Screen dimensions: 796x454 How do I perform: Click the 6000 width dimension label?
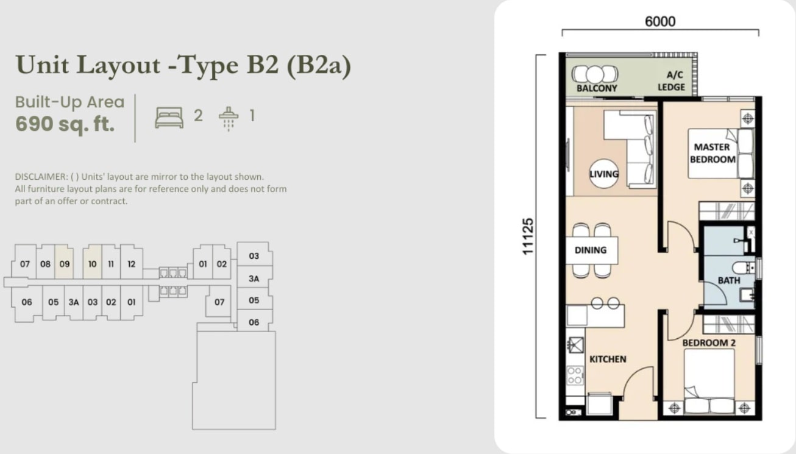pyautogui.click(x=660, y=22)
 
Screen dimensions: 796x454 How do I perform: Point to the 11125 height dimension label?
pyautogui.click(x=528, y=236)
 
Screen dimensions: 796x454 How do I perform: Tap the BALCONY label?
pyautogui.click(x=597, y=88)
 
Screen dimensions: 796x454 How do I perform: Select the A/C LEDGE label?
pyautogui.click(x=671, y=81)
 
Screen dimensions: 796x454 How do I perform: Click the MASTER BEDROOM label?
pyautogui.click(x=712, y=153)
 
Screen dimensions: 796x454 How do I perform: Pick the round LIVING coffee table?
pyautogui.click(x=604, y=173)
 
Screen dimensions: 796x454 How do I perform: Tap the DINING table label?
pyautogui.click(x=591, y=250)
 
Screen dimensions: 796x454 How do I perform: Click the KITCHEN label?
pyautogui.click(x=608, y=359)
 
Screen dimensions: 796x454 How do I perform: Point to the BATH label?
pyautogui.click(x=729, y=281)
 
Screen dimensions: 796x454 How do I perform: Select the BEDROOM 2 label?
pyautogui.click(x=709, y=343)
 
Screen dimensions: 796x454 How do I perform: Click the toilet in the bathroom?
pyautogui.click(x=743, y=268)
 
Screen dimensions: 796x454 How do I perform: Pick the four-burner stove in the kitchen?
pyautogui.click(x=575, y=375)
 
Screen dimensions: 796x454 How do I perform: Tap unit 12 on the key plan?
pyautogui.click(x=132, y=264)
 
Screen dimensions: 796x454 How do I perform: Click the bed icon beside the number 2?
pyautogui.click(x=169, y=118)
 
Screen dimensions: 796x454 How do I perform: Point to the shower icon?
pyautogui.click(x=229, y=119)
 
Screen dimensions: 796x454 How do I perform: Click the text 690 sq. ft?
pyautogui.click(x=65, y=124)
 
